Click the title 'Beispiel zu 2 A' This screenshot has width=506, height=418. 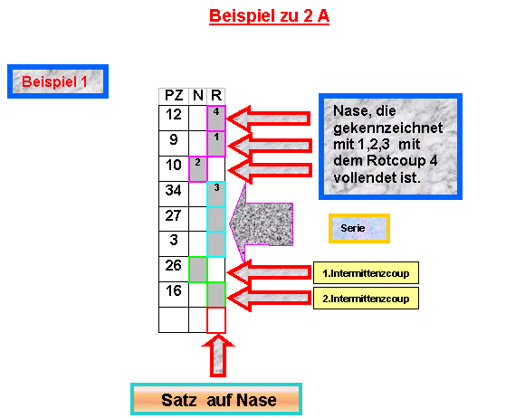tap(269, 16)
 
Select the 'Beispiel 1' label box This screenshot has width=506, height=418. tap(58, 81)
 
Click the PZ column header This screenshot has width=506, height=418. tap(174, 96)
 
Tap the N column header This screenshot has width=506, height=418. tap(198, 96)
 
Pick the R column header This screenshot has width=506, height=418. tap(216, 96)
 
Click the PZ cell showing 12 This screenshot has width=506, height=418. tap(174, 118)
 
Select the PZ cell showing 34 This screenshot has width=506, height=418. tap(174, 194)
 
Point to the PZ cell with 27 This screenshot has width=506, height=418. tap(174, 219)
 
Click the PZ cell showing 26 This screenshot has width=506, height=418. tap(174, 270)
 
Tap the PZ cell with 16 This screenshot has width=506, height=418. tap(174, 294)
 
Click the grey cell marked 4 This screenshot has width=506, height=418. tap(216, 118)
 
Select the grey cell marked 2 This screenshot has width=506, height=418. tap(198, 169)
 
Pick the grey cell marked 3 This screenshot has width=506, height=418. tap(216, 195)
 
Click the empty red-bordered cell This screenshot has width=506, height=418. tap(216, 320)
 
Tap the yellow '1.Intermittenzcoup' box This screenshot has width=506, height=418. tap(366, 273)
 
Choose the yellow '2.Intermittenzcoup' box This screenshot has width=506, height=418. tap(366, 299)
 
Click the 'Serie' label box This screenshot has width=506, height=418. tap(359, 228)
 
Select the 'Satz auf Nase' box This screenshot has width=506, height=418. tap(216, 399)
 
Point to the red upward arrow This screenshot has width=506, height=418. tap(218, 356)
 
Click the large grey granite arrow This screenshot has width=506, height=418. tap(262, 223)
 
